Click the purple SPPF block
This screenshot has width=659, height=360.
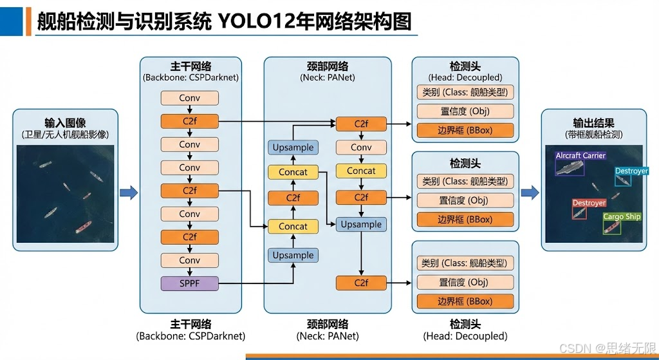tap(189, 283)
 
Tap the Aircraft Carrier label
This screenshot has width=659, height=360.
tap(580, 156)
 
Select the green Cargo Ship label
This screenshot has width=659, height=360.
tap(622, 217)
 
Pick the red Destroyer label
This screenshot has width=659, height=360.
tap(589, 203)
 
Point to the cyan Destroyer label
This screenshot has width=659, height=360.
tap(631, 171)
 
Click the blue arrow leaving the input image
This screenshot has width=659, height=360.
tap(129, 192)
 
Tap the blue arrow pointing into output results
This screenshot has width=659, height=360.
tap(530, 192)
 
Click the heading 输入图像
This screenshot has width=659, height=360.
tap(65, 122)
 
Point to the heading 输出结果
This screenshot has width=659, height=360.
tap(593, 122)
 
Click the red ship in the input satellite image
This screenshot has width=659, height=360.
tap(83, 227)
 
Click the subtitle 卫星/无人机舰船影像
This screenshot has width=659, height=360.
tap(65, 135)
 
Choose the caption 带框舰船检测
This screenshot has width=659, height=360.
tap(593, 135)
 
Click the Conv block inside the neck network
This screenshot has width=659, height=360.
tap(361, 147)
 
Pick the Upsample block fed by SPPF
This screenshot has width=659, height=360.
tap(293, 255)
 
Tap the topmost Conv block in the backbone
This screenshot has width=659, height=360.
tap(189, 98)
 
